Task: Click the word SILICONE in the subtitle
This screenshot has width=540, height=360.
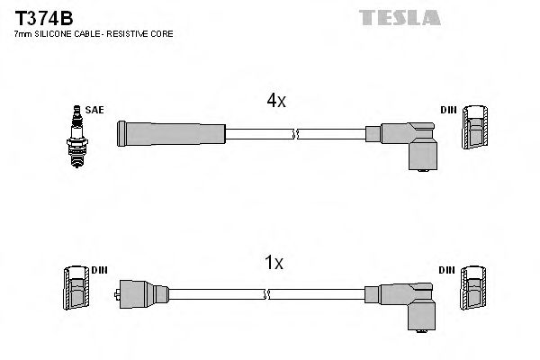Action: click(x=52, y=33)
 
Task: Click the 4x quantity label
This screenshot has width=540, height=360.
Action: click(x=274, y=102)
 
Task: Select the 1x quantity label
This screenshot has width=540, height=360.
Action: click(x=274, y=264)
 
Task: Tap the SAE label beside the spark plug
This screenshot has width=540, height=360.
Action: click(x=94, y=110)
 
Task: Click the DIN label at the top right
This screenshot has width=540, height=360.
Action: click(x=447, y=110)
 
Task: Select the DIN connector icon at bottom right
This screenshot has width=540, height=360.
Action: click(x=472, y=293)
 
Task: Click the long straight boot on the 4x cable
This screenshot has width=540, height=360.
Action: click(x=171, y=133)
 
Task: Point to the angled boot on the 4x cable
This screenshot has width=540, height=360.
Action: click(x=409, y=142)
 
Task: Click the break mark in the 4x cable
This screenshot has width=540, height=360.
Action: click(x=294, y=134)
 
